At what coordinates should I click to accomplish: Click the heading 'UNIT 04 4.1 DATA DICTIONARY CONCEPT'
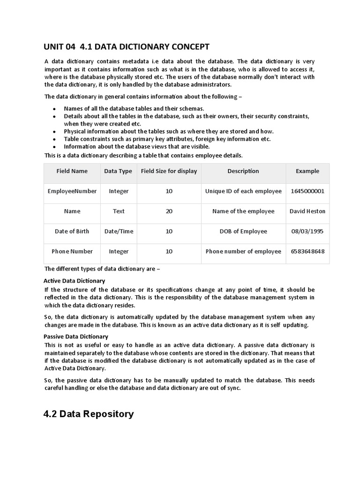[x=127, y=46]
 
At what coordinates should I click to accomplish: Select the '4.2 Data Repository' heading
[x=89, y=414]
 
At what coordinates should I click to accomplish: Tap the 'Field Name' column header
[x=72, y=171]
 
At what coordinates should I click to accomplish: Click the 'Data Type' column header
[x=118, y=171]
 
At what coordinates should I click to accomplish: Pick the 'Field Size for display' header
[x=169, y=171]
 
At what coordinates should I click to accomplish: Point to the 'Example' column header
[x=307, y=171]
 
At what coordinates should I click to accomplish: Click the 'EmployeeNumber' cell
[x=72, y=191]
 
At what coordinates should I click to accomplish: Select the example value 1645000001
[x=307, y=191]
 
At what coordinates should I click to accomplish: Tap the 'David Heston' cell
[x=307, y=211]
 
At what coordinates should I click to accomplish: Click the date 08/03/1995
[x=307, y=231]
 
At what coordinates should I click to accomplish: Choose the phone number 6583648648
[x=307, y=251]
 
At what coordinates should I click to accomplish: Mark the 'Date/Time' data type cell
[x=119, y=231]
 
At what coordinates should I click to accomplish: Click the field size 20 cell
[x=169, y=211]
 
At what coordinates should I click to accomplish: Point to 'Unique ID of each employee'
[x=243, y=191]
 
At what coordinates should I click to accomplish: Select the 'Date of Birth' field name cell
[x=72, y=231]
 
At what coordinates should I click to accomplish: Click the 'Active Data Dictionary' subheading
[x=75, y=281]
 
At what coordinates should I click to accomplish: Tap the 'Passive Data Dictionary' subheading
[x=76, y=337]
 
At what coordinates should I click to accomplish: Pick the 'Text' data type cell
[x=119, y=211]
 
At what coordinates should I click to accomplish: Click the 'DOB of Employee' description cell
[x=243, y=231]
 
